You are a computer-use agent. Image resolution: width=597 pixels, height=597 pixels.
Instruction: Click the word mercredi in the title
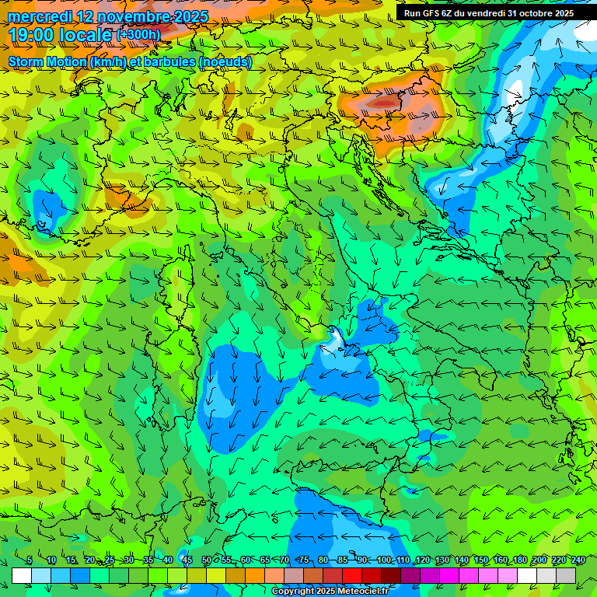(x=39, y=16)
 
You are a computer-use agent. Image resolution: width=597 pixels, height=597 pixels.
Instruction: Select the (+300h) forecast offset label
(x=138, y=34)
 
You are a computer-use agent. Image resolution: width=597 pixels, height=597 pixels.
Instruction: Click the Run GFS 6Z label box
(x=488, y=13)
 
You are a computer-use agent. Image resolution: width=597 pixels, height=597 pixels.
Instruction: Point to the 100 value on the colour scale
(x=384, y=560)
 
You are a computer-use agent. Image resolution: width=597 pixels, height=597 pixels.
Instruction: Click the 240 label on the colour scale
(x=578, y=560)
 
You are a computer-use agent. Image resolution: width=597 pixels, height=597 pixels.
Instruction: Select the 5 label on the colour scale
(x=30, y=560)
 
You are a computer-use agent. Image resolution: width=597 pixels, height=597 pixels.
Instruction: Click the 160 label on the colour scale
(x=501, y=560)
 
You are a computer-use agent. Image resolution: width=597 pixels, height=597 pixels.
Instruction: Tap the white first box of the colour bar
(x=22, y=575)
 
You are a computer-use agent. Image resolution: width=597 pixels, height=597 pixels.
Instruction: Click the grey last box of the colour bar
(x=566, y=575)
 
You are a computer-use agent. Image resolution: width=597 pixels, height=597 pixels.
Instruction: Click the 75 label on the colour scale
(x=304, y=560)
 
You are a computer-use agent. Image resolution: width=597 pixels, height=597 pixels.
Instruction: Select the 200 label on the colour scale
(x=539, y=560)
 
